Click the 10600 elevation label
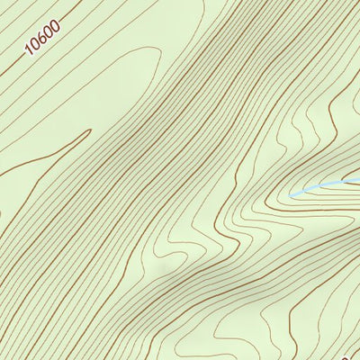pyautogui.click(x=42, y=39)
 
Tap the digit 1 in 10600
pyautogui.click(x=30, y=50)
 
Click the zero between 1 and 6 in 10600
pyautogui.click(x=36, y=45)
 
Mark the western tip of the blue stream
pyautogui.click(x=290, y=194)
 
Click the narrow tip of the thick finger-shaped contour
pyautogui.click(x=90, y=131)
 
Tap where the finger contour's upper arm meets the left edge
pyautogui.click(x=1, y=176)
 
